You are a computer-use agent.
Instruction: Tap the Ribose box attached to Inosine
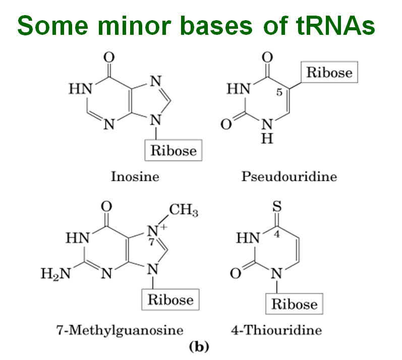point(174,150)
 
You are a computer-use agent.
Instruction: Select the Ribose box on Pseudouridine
point(329,72)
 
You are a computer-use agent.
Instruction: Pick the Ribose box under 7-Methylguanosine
point(170,299)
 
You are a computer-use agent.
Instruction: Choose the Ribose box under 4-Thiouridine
point(295,303)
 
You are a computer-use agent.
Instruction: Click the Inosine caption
point(135,177)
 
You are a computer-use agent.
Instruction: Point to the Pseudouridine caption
point(289,177)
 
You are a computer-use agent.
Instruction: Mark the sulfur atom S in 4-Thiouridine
point(276,207)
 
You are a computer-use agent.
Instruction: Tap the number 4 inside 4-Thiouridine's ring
point(276,235)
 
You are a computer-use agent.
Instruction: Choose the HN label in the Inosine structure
point(80,89)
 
